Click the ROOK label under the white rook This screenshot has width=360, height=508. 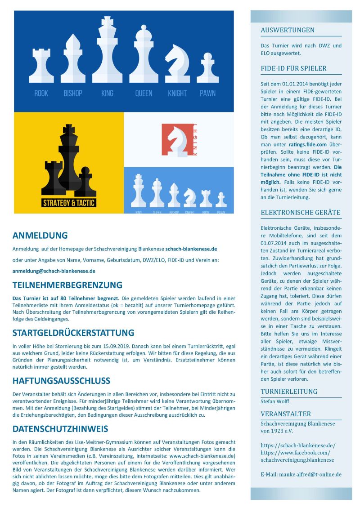pyautogui.click(x=41, y=94)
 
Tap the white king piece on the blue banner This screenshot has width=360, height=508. pyautogui.click(x=107, y=52)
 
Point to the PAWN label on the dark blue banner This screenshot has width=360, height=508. pyautogui.click(x=207, y=94)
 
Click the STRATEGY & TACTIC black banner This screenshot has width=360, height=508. pyautogui.click(x=69, y=203)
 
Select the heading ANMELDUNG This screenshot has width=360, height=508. pyautogui.click(x=40, y=236)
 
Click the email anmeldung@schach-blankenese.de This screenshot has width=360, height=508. pyautogui.click(x=54, y=271)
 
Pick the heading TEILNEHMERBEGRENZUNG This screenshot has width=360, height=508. pyautogui.click(x=67, y=285)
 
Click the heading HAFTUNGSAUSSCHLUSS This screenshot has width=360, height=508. pyautogui.click(x=61, y=381)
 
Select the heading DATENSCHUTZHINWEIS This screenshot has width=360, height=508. pyautogui.click(x=60, y=429)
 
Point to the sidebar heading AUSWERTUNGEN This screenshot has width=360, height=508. pyautogui.click(x=288, y=31)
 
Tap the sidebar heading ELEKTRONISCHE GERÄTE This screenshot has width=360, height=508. pyautogui.click(x=301, y=213)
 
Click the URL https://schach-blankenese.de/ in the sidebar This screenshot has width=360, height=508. pyautogui.click(x=298, y=446)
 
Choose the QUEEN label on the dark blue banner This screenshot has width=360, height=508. pyautogui.click(x=144, y=94)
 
